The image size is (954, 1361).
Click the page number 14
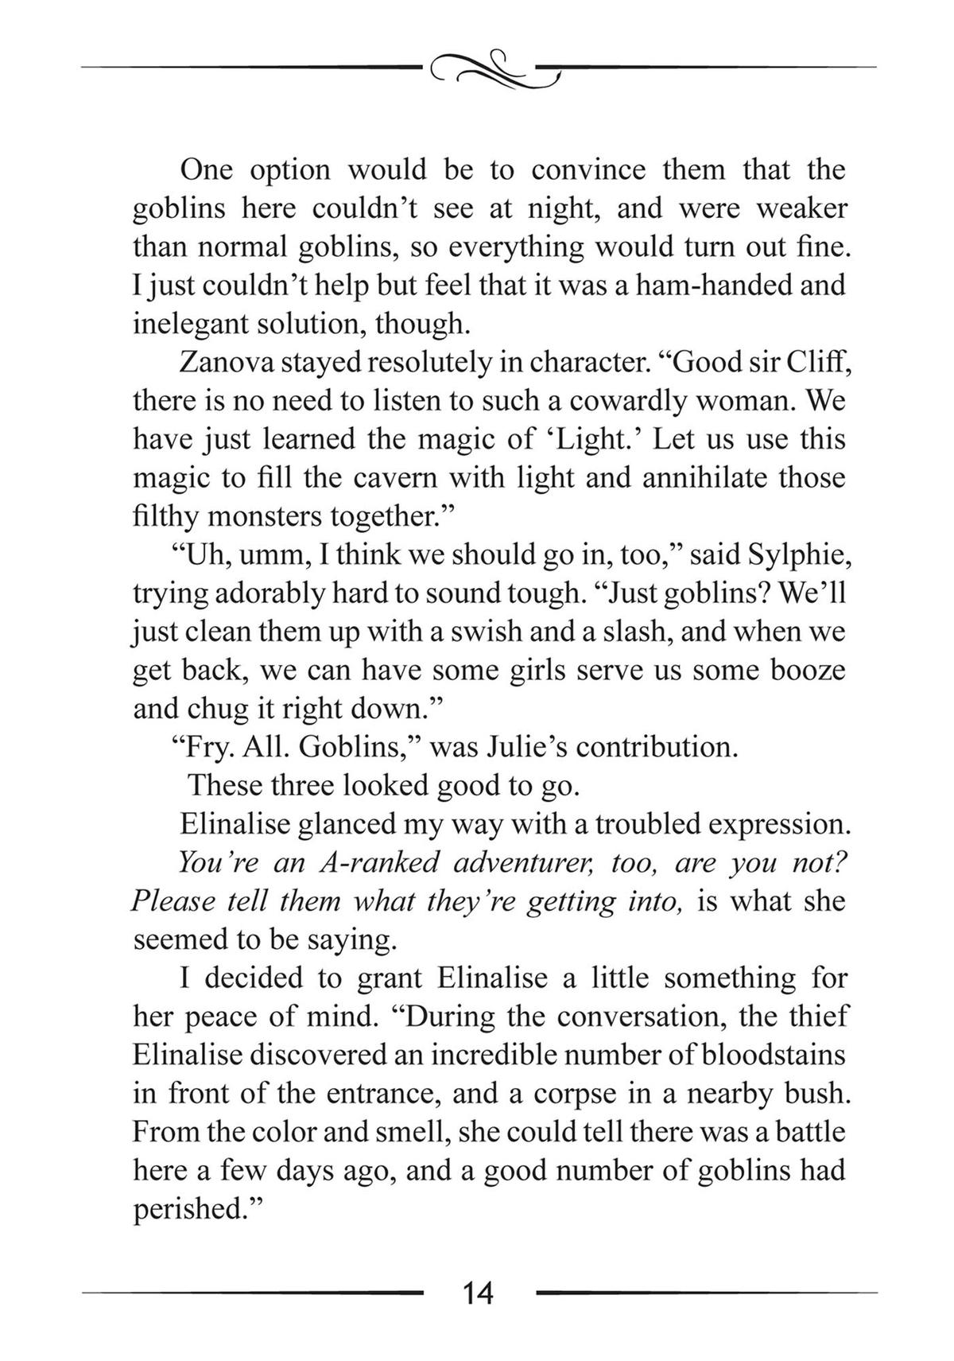click(x=477, y=1293)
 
